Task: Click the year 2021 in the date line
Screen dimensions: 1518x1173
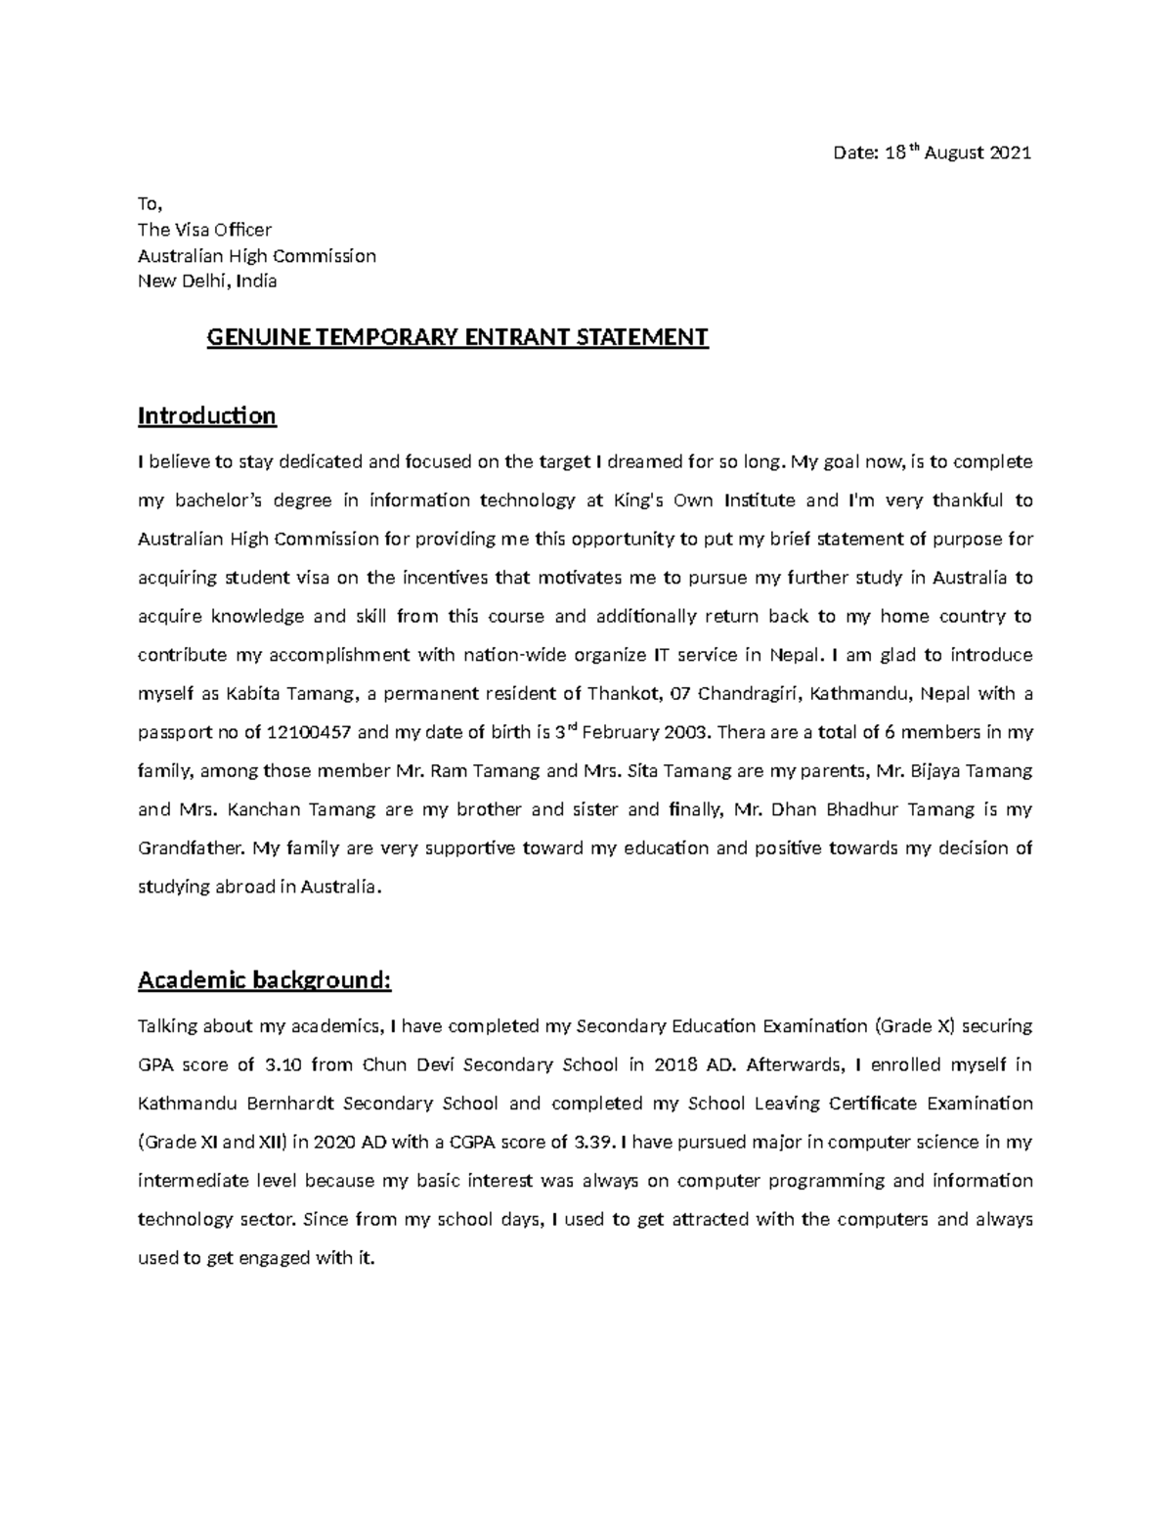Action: click(1010, 153)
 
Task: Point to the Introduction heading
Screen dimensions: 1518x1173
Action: click(207, 416)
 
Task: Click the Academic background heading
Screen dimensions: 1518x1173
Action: click(264, 980)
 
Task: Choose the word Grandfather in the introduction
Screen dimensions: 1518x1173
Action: click(191, 848)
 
